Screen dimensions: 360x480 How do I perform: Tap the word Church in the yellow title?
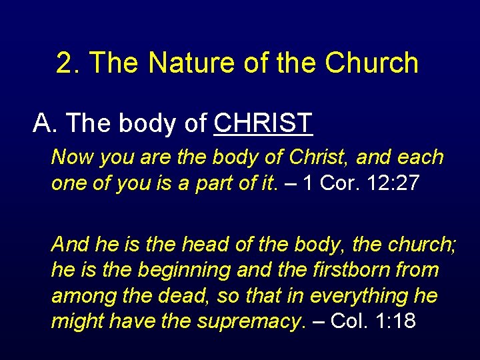pos(372,63)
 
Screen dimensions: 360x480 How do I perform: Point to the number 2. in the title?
pos(69,63)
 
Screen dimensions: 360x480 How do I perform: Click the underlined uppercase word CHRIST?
pos(264,123)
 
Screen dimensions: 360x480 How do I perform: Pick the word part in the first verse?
pos(213,183)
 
